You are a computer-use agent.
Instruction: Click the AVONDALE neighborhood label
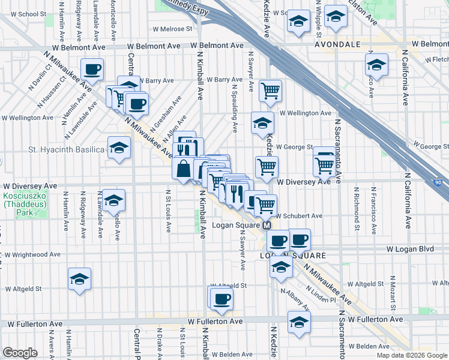[338, 44]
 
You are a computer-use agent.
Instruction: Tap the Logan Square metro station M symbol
[267, 226]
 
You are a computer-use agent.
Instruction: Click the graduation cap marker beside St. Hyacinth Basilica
[119, 148]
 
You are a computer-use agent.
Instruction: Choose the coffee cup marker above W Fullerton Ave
[221, 298]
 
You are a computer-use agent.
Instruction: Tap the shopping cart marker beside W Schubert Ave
[265, 205]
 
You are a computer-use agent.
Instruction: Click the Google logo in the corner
[20, 353]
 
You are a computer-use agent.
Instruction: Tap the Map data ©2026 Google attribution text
[411, 355]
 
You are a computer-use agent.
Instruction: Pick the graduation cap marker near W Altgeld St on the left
[79, 279]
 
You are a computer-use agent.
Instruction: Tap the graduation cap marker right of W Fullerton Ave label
[298, 322]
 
